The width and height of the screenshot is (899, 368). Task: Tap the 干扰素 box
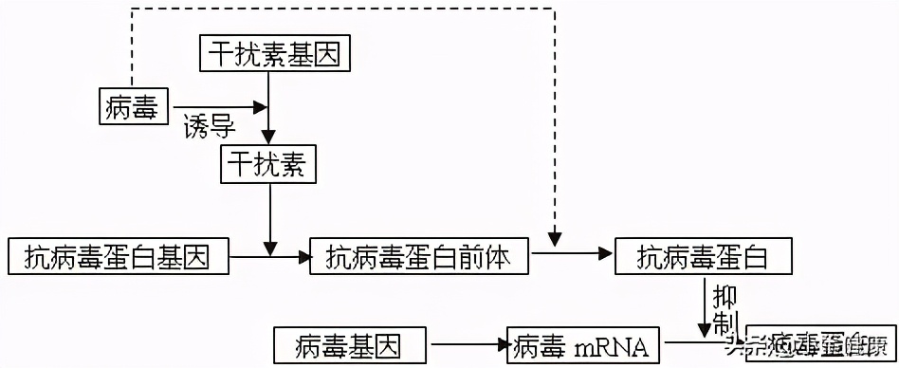(x=268, y=165)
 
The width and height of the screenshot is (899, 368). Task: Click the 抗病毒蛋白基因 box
(x=118, y=256)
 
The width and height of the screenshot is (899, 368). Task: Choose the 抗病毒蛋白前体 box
(x=418, y=256)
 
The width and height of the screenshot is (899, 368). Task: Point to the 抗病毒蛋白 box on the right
(x=703, y=256)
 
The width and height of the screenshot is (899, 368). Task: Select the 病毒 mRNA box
(x=581, y=345)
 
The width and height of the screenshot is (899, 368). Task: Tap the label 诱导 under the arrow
(x=210, y=125)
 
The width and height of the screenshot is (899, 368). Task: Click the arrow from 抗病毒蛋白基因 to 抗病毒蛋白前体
(x=271, y=256)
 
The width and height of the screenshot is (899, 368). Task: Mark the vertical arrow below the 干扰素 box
(x=271, y=218)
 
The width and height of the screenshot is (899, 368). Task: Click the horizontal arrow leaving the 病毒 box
(x=218, y=105)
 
